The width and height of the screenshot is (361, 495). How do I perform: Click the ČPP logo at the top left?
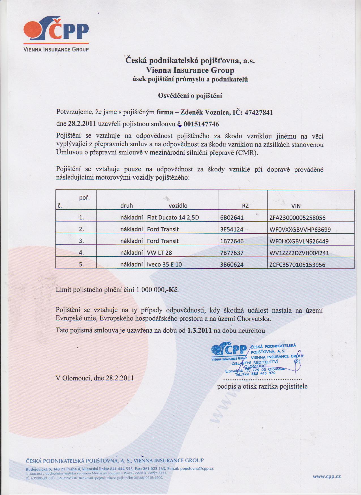(x=56, y=36)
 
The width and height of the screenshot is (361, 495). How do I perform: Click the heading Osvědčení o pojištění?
(x=190, y=96)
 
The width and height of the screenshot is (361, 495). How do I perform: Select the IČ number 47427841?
(x=259, y=113)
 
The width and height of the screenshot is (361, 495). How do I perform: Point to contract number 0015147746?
(x=201, y=124)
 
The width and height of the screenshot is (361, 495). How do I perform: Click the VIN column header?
(x=296, y=206)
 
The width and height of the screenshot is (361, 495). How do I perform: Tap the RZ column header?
(x=245, y=206)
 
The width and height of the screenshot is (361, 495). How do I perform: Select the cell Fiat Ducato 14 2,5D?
(x=173, y=218)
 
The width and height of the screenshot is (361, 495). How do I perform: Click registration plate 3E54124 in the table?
(x=232, y=229)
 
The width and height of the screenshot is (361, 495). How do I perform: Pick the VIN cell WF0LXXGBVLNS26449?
(x=299, y=241)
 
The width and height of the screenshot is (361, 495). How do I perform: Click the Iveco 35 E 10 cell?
(x=165, y=265)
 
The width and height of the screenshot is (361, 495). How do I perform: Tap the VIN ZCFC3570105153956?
(x=297, y=265)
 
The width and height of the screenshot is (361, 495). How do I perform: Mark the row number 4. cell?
(x=82, y=253)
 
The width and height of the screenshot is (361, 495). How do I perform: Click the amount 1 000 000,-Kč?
(x=157, y=290)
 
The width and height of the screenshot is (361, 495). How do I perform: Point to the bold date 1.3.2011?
(x=199, y=330)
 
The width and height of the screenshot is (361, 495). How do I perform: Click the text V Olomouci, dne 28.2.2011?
(x=95, y=378)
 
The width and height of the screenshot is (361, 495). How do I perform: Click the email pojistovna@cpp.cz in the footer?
(x=197, y=468)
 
